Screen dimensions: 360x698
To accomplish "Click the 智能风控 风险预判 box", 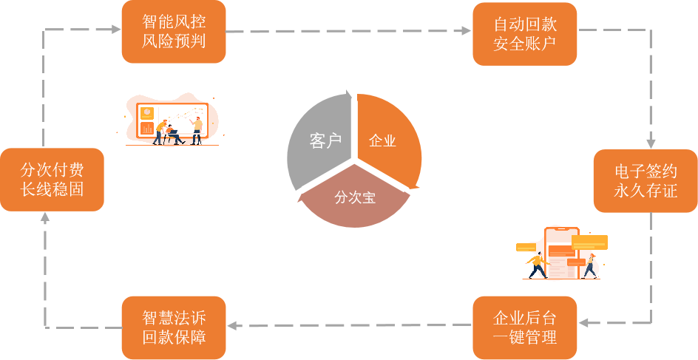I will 174,32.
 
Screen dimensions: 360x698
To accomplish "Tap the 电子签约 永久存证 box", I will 646,180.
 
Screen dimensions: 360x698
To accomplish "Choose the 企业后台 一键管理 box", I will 524,327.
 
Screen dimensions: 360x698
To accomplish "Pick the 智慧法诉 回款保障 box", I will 174,327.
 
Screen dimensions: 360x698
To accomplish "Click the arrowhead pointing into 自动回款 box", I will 466,31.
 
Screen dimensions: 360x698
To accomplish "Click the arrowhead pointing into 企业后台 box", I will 583,323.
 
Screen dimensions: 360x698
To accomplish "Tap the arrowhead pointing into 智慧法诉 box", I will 232,325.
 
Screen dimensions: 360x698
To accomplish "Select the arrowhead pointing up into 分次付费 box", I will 45,217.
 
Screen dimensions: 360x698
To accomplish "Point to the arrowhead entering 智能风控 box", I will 115,30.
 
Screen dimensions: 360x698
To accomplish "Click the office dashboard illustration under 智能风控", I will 174,120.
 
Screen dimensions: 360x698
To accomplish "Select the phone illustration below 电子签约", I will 561,253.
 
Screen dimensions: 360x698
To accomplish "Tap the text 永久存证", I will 646,191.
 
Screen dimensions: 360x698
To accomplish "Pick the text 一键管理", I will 524,338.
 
